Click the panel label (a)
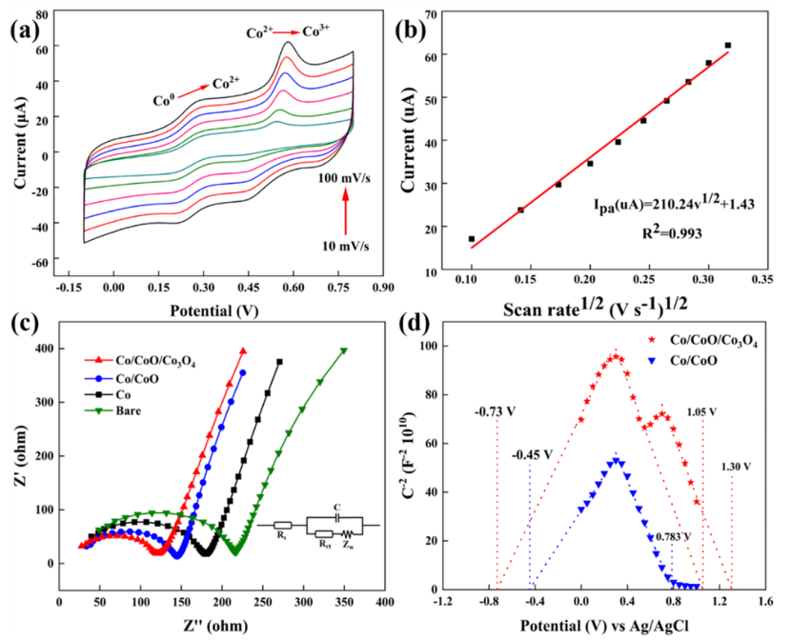(x=26, y=29)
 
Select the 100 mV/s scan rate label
(x=342, y=177)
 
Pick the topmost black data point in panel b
(x=728, y=46)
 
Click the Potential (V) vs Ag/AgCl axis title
(x=602, y=626)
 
